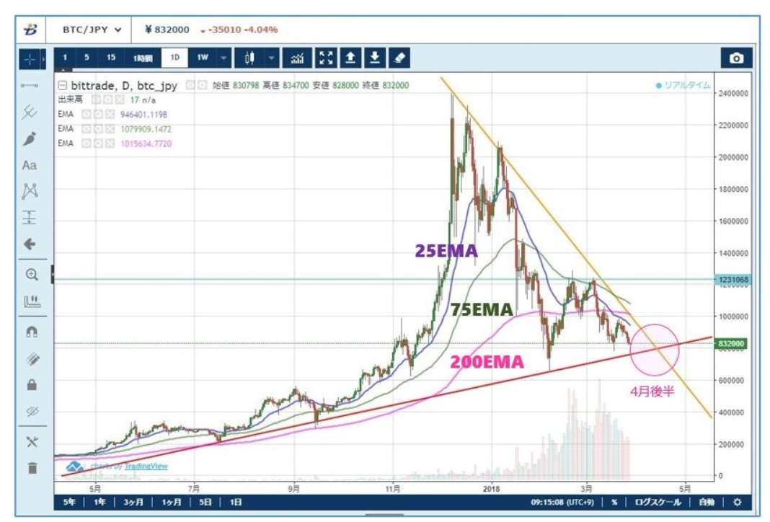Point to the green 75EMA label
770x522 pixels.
[481, 310]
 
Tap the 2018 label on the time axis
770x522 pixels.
[490, 486]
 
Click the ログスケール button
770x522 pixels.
[658, 502]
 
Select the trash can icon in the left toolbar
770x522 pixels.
[31, 468]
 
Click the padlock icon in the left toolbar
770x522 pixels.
[31, 385]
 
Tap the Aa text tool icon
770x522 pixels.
[30, 165]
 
